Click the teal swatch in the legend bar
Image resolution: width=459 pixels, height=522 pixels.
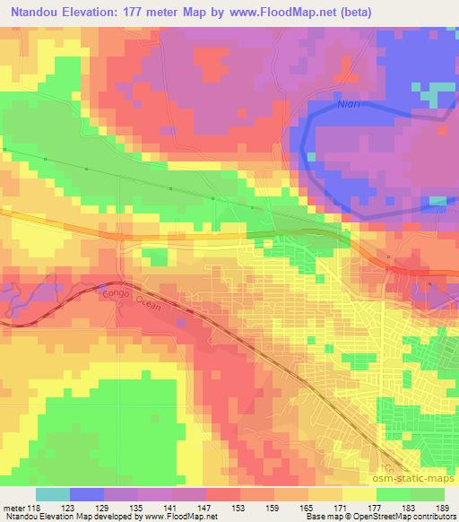pyautogui.click(x=53, y=494)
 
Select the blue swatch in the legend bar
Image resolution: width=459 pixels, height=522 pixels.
pyautogui.click(x=86, y=494)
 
